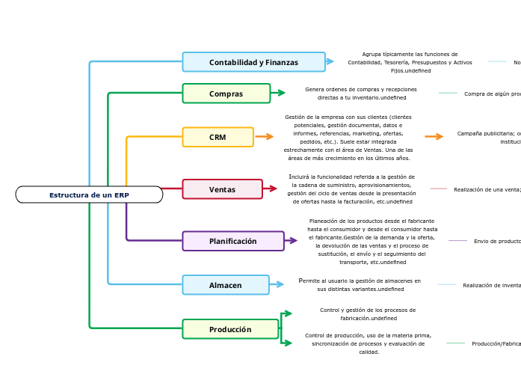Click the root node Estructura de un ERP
(x=89, y=194)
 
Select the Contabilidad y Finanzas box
(x=253, y=62)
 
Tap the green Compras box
(x=226, y=94)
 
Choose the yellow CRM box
(x=218, y=137)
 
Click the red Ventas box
(x=222, y=189)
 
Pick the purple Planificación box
(x=232, y=241)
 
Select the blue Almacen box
(x=225, y=285)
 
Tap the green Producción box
(x=230, y=329)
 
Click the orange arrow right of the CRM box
(x=265, y=136)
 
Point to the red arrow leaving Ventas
(x=272, y=189)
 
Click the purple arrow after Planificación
(x=292, y=240)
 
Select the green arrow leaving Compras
(x=278, y=93)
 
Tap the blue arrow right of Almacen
(x=277, y=284)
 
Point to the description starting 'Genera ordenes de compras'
(x=361, y=94)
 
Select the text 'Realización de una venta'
(x=487, y=189)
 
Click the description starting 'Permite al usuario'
(x=360, y=285)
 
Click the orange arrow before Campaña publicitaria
(x=434, y=136)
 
